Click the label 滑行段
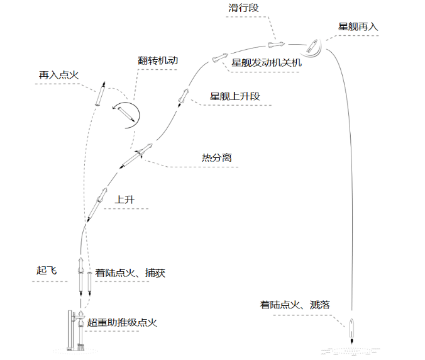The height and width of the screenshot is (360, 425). [245, 9]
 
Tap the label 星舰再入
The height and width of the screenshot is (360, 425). [358, 27]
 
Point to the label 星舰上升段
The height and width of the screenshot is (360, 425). [235, 96]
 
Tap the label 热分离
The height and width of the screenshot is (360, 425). [216, 157]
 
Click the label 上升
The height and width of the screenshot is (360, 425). [123, 200]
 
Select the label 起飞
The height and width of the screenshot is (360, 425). [47, 271]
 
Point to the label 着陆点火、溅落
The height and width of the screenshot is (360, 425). [295, 305]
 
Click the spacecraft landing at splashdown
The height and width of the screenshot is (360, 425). [352, 329]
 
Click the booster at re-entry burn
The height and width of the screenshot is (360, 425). [101, 93]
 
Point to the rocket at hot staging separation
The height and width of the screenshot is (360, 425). [137, 155]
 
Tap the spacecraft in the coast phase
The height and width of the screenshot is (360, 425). [276, 44]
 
